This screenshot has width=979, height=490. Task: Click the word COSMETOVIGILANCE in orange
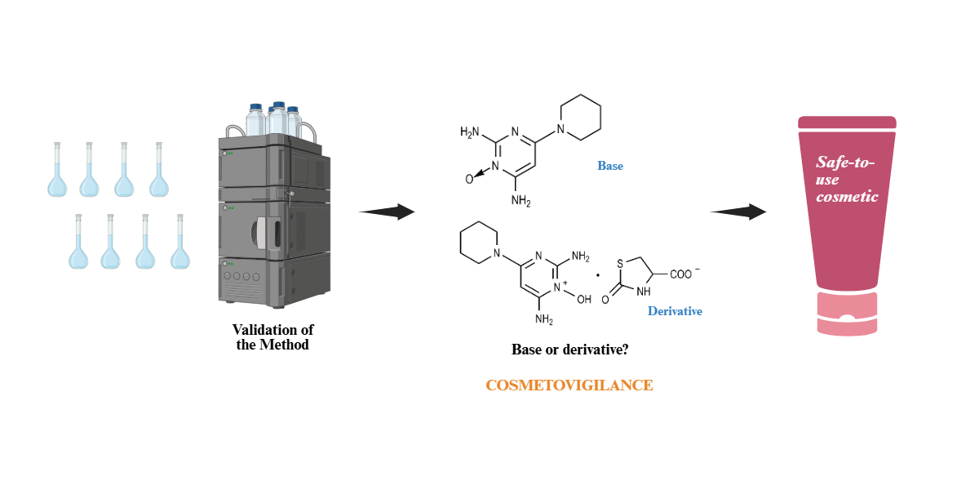click(x=569, y=385)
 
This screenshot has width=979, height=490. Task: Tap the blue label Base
click(x=610, y=166)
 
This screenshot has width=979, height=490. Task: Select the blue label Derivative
click(x=675, y=311)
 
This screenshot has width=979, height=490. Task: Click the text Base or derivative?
click(x=569, y=350)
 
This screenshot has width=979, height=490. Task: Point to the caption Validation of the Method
click(x=272, y=336)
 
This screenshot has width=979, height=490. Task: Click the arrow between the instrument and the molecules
click(x=388, y=212)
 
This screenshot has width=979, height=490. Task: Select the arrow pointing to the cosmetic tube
click(x=738, y=212)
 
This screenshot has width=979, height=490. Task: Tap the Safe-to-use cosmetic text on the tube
click(x=847, y=180)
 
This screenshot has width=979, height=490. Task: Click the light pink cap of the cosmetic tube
click(x=847, y=314)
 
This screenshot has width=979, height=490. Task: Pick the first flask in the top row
click(x=56, y=171)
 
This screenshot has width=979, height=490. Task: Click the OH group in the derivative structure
click(x=584, y=300)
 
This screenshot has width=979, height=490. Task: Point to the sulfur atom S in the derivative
click(x=620, y=263)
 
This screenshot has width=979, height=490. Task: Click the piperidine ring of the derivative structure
click(x=479, y=242)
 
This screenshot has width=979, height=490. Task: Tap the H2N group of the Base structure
click(x=471, y=131)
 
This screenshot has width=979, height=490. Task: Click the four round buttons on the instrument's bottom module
click(x=242, y=277)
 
